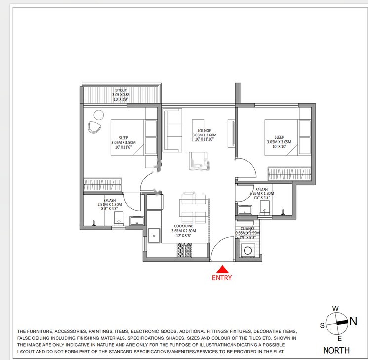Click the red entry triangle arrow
click(x=222, y=269)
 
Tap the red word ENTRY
click(x=222, y=278)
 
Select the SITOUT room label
click(x=121, y=90)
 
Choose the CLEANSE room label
click(x=247, y=229)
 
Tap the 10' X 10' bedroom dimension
click(x=279, y=147)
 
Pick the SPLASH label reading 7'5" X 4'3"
click(x=261, y=198)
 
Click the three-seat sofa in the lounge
click(x=172, y=126)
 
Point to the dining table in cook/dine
click(x=193, y=208)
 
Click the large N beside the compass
click(x=353, y=321)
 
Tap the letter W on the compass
click(x=335, y=309)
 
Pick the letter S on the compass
click(x=322, y=325)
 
